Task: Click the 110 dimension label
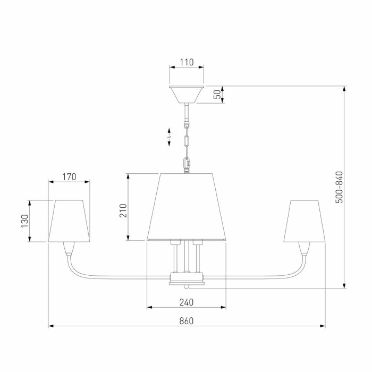[187, 62]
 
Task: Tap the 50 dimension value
[217, 95]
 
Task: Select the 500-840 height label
[340, 187]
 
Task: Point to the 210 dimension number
[123, 210]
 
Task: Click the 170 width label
[69, 177]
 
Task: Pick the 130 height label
[24, 221]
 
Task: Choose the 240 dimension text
[187, 302]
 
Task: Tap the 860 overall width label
[187, 321]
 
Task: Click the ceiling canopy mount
[187, 95]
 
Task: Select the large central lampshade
[187, 207]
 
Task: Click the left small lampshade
[69, 221]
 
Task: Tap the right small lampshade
[305, 221]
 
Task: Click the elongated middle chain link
[187, 141]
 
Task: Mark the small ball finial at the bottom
[187, 287]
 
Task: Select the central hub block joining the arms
[187, 278]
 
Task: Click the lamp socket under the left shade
[69, 248]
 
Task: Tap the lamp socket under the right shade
[305, 248]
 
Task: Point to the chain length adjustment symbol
[169, 137]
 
